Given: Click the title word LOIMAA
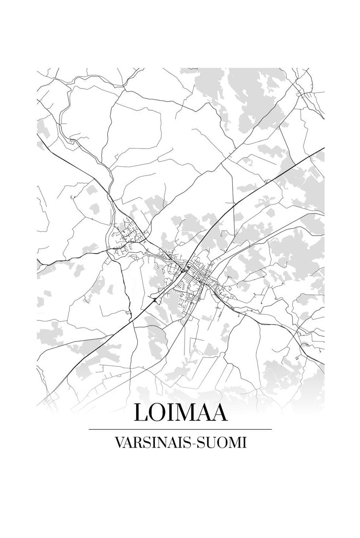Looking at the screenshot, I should pyautogui.click(x=180, y=412).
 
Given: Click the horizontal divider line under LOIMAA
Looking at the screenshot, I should pyautogui.click(x=180, y=429).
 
